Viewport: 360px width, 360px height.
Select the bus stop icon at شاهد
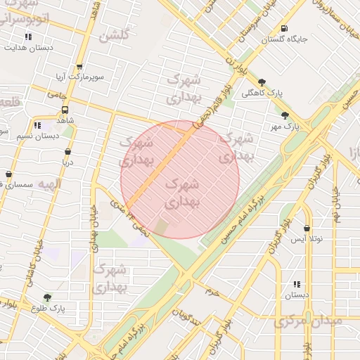point(65,110)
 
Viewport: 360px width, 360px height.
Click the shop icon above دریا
point(67,151)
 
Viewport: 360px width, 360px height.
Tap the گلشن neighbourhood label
point(115,36)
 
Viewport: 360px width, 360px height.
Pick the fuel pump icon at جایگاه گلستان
point(284,29)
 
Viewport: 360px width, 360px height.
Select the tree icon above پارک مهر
point(284,116)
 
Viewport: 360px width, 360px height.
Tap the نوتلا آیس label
point(307,240)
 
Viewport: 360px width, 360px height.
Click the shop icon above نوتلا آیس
point(307,229)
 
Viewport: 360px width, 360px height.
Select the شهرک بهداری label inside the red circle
point(181,192)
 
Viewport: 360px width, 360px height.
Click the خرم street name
point(213,289)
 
